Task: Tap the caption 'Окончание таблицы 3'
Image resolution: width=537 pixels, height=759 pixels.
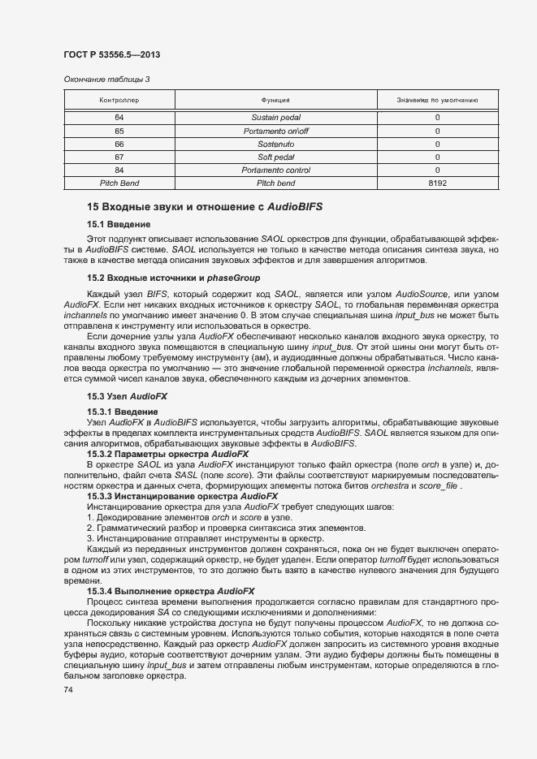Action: [106, 79]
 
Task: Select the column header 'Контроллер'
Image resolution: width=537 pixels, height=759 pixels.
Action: [119, 100]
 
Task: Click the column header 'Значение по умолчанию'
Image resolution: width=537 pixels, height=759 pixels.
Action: [436, 100]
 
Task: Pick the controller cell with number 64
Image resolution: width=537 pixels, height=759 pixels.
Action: [119, 118]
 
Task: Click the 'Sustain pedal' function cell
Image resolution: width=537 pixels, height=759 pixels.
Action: [275, 118]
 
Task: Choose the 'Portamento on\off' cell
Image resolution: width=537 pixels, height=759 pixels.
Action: [275, 131]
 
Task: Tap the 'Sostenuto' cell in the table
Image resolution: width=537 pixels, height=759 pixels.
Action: [275, 144]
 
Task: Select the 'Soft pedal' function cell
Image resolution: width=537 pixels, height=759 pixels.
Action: [275, 157]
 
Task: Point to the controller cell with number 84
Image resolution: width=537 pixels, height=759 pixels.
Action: [119, 170]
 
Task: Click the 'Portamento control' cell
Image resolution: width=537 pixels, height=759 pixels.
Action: [275, 170]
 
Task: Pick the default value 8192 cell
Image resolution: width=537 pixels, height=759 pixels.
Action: [436, 183]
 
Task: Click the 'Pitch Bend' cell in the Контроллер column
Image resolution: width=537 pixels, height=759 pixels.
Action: [119, 183]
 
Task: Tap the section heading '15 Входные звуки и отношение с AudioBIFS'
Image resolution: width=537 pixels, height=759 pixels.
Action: [205, 206]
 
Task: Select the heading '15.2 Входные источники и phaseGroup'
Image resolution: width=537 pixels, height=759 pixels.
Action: [166, 278]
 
